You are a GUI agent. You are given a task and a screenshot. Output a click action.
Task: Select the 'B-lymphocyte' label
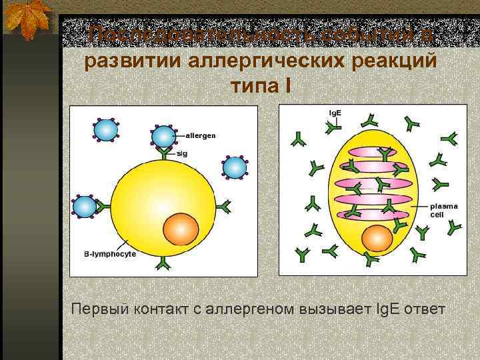click(110, 254)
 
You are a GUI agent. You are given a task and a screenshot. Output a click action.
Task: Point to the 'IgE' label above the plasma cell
click(335, 112)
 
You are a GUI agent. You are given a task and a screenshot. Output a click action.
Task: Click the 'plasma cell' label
click(443, 211)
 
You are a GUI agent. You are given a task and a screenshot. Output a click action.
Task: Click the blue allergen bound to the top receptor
click(163, 136)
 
